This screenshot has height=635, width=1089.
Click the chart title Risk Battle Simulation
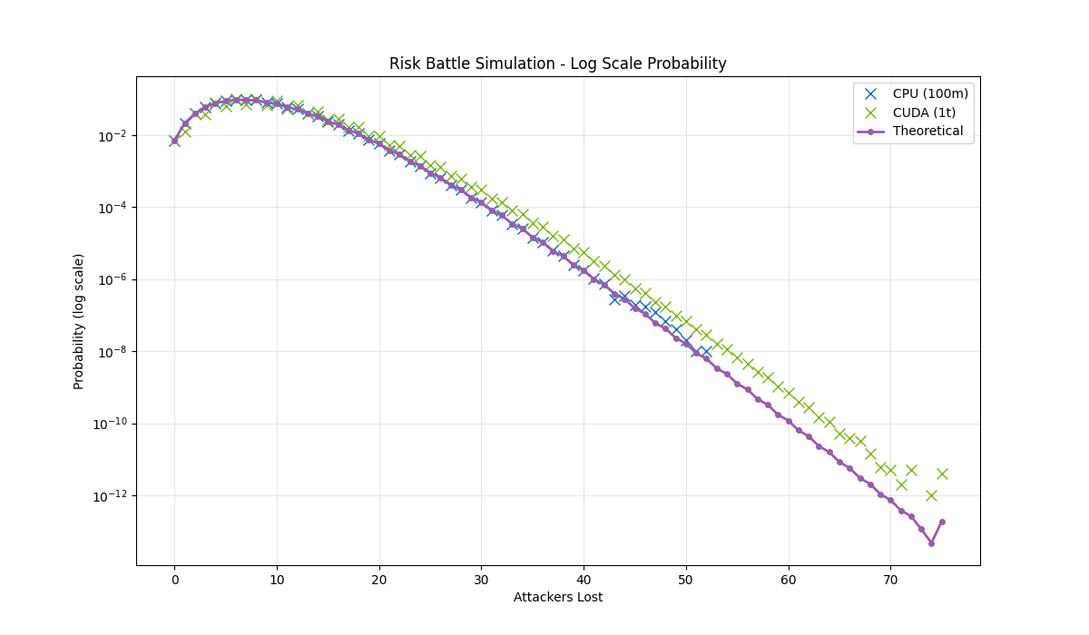click(557, 63)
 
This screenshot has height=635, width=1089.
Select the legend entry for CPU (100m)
click(930, 93)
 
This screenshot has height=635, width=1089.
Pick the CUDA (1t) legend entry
click(924, 112)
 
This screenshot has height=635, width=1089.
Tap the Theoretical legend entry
click(927, 132)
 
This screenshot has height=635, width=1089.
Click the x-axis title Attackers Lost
click(557, 597)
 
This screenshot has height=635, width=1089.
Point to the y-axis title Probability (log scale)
click(79, 321)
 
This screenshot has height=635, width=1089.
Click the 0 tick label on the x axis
click(174, 579)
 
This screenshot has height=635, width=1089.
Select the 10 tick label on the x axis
click(277, 579)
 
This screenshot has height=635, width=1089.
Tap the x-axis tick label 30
click(481, 579)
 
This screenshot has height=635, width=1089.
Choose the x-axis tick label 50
click(686, 579)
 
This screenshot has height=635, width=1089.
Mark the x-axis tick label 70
click(890, 579)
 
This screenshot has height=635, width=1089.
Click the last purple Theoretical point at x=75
click(942, 522)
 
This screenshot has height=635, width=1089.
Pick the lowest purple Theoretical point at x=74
click(931, 543)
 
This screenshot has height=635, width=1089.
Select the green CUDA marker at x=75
click(942, 474)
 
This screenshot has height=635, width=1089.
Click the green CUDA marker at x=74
click(931, 495)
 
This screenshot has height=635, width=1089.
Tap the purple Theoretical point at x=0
click(174, 141)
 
